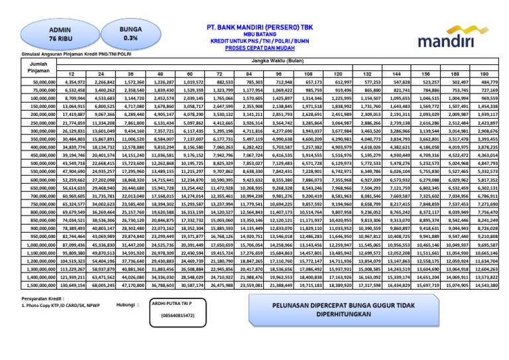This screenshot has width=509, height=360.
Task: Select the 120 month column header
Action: [338, 73]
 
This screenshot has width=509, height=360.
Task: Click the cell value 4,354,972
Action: [74, 82]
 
